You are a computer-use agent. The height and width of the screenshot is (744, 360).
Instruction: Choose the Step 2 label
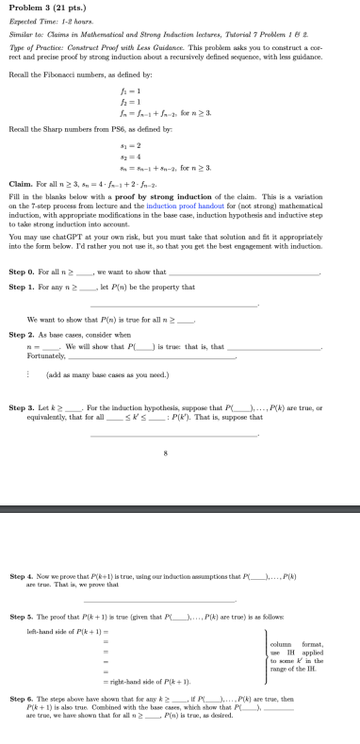point(21,307)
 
